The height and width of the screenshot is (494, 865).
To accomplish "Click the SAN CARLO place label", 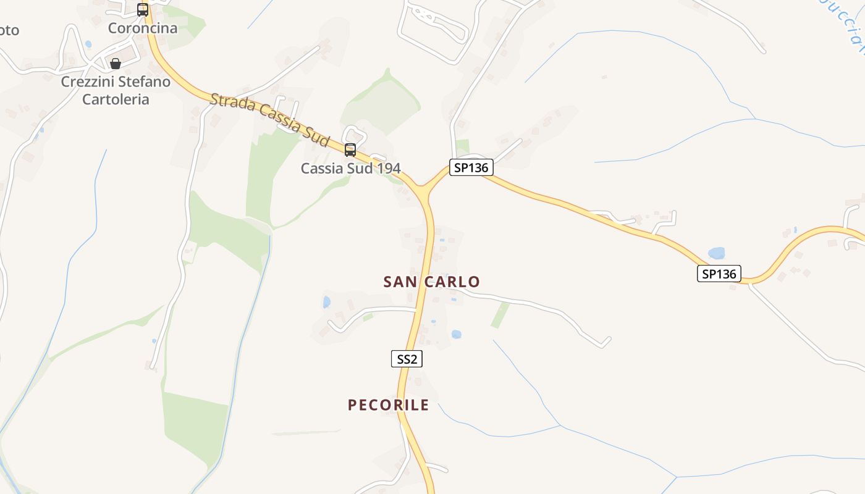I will [431, 282].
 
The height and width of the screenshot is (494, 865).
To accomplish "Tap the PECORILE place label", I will [388, 405].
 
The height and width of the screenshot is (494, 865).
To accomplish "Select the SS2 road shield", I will [407, 359].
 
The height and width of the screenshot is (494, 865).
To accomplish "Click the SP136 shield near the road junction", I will [471, 167].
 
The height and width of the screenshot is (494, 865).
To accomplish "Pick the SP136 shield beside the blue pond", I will [719, 274].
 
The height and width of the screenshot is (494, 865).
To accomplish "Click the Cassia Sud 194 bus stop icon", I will [350, 150].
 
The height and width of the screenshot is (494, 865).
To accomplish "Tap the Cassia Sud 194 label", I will [350, 168].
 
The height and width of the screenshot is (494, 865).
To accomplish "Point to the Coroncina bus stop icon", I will [143, 10].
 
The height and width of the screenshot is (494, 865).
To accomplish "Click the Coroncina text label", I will [142, 28].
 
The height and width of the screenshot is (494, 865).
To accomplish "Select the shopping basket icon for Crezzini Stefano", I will [116, 64].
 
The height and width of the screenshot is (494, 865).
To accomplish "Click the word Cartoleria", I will [116, 99].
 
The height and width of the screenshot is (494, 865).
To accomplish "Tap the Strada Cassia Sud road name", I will [269, 120].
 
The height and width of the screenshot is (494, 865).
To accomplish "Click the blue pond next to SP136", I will [717, 253].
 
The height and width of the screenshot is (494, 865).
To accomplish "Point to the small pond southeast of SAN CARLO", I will [456, 334].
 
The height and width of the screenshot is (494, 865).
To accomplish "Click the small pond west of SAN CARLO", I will [326, 302].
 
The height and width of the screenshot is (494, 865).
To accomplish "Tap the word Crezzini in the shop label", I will [88, 82].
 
